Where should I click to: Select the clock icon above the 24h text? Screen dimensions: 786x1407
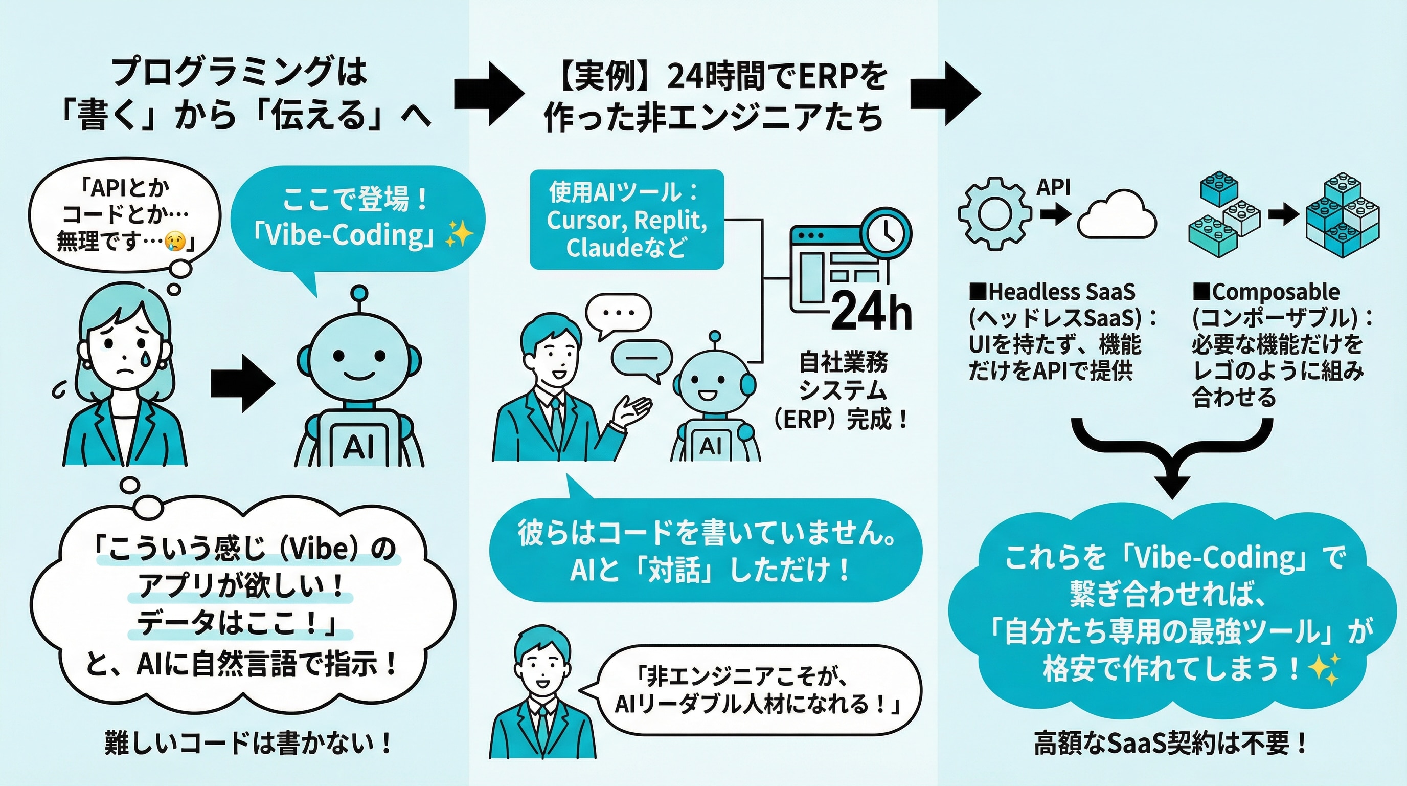point(887,233)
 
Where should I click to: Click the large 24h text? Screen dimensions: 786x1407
point(872,311)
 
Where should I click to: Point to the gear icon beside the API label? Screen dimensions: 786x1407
point(994,214)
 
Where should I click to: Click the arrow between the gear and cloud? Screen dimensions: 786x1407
point(1055,214)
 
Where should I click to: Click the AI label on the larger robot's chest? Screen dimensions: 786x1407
point(358,447)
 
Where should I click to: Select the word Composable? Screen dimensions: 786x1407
point(1276,292)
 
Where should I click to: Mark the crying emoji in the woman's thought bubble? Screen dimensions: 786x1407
point(174,241)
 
